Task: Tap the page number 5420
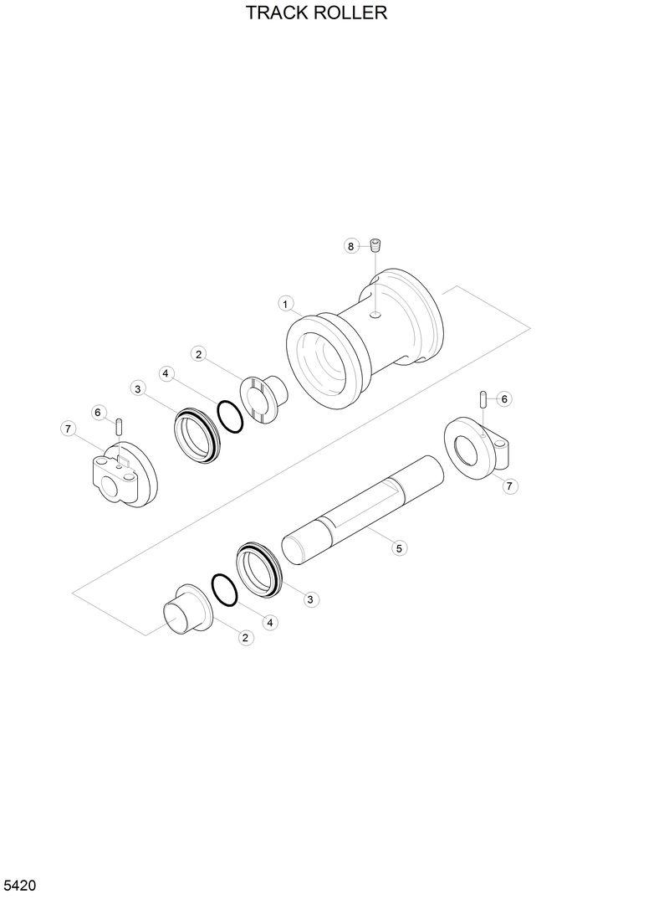(x=19, y=886)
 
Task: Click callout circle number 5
(x=399, y=548)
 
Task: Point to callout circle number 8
(x=351, y=245)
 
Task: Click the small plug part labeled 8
(x=375, y=245)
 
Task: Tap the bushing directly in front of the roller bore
(x=262, y=398)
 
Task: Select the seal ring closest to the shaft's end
(x=262, y=568)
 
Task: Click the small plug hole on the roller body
(x=376, y=315)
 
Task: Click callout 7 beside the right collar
(x=510, y=486)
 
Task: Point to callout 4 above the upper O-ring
(x=167, y=373)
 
